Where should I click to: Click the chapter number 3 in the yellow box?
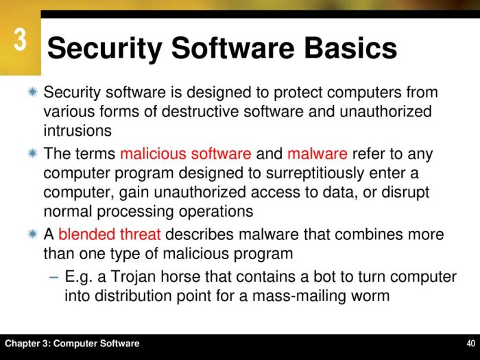tap(20, 40)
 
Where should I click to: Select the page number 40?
tap(470, 344)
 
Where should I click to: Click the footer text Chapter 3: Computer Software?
tap(71, 344)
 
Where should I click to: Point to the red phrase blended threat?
tap(110, 235)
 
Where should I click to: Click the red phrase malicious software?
tap(185, 154)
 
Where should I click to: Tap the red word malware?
tap(317, 154)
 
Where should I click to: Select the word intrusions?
tap(77, 128)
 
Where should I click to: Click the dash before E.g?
tap(54, 277)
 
